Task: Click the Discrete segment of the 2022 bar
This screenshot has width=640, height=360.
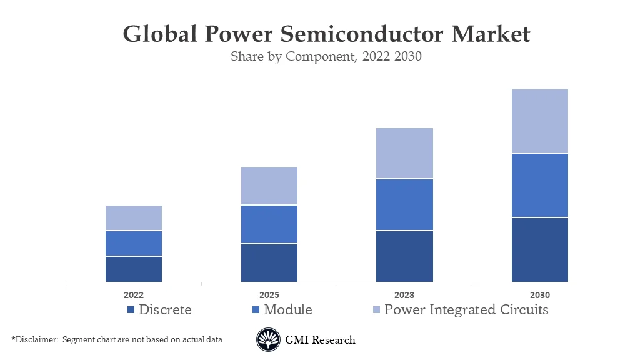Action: click(x=134, y=269)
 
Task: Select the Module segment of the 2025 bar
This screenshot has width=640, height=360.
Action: click(x=269, y=224)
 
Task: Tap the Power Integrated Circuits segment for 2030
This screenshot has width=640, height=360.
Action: click(x=540, y=121)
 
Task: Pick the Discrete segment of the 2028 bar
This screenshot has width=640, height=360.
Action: click(x=404, y=256)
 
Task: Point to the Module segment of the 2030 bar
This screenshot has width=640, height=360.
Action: click(x=540, y=185)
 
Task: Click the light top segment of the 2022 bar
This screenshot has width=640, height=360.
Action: click(x=134, y=217)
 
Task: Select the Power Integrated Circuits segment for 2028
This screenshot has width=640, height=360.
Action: click(x=404, y=153)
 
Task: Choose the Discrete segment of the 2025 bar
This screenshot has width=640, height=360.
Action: click(x=269, y=262)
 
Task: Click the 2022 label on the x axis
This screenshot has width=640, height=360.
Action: click(x=134, y=295)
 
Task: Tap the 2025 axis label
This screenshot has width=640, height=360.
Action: click(x=269, y=295)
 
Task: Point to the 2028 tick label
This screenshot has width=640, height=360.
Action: click(x=404, y=295)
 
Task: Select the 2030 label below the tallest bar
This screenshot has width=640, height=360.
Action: click(x=540, y=295)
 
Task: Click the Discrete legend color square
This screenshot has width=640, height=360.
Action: click(x=131, y=310)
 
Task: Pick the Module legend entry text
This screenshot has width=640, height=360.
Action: click(x=287, y=309)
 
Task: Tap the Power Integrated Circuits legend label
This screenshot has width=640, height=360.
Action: click(x=466, y=309)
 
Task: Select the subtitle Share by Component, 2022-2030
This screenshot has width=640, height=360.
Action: click(x=326, y=56)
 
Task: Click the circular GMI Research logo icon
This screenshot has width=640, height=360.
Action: click(x=268, y=340)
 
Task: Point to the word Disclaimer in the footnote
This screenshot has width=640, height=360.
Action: click(x=36, y=339)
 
